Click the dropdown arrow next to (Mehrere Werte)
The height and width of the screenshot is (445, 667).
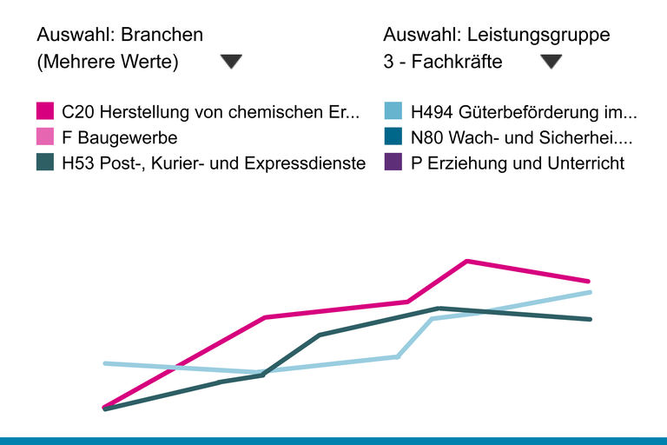231,62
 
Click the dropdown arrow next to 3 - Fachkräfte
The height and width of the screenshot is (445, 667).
551,62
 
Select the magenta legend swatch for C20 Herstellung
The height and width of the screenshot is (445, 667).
46,111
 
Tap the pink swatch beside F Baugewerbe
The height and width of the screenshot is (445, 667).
46,137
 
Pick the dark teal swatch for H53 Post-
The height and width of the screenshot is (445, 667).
46,163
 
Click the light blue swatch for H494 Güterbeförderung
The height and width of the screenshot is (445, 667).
393,111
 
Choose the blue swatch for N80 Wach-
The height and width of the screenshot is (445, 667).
393,137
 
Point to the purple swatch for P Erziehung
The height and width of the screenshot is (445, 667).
393,163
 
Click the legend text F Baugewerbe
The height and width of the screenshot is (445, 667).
120,137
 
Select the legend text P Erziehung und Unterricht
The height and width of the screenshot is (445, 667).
518,163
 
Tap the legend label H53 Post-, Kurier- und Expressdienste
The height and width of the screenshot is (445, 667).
214,163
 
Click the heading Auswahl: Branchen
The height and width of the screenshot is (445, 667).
120,35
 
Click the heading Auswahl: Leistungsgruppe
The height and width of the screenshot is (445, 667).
497,35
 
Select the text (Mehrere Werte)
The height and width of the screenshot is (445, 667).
108,62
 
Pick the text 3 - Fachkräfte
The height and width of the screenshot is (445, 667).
443,62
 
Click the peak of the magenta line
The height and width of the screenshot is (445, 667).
467,261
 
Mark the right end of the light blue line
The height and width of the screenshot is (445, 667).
590,292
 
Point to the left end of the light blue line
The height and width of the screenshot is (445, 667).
104,363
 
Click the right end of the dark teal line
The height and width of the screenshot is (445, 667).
590,319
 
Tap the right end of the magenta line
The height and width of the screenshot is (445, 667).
590,282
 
